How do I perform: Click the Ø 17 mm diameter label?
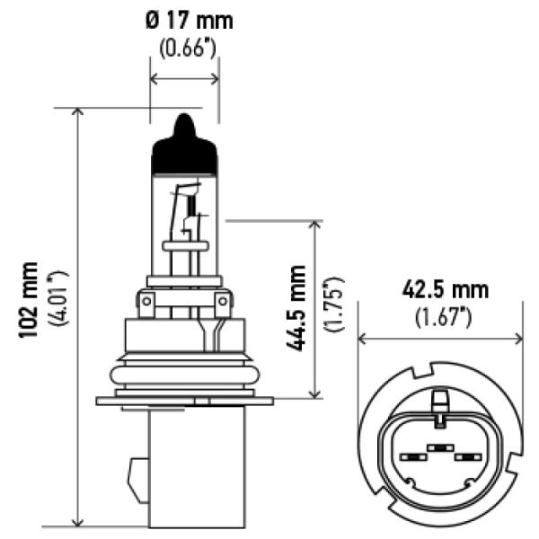(189, 21)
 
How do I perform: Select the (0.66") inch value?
(188, 49)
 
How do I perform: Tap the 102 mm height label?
(28, 300)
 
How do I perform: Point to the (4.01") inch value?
(58, 297)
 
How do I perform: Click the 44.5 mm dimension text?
(296, 308)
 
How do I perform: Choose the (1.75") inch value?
(334, 304)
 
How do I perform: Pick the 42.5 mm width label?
(446, 290)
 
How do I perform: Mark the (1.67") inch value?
(444, 317)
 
